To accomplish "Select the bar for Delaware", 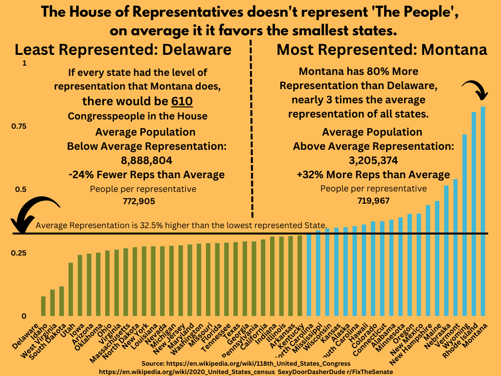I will [43, 306].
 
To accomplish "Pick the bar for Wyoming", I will [464, 225].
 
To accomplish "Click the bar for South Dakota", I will [62, 301].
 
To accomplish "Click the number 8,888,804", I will [146, 160].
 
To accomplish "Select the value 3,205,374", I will [373, 160].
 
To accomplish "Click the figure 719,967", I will [373, 200].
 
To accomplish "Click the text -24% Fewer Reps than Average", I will [146, 175].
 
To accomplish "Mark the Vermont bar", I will [455, 248].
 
